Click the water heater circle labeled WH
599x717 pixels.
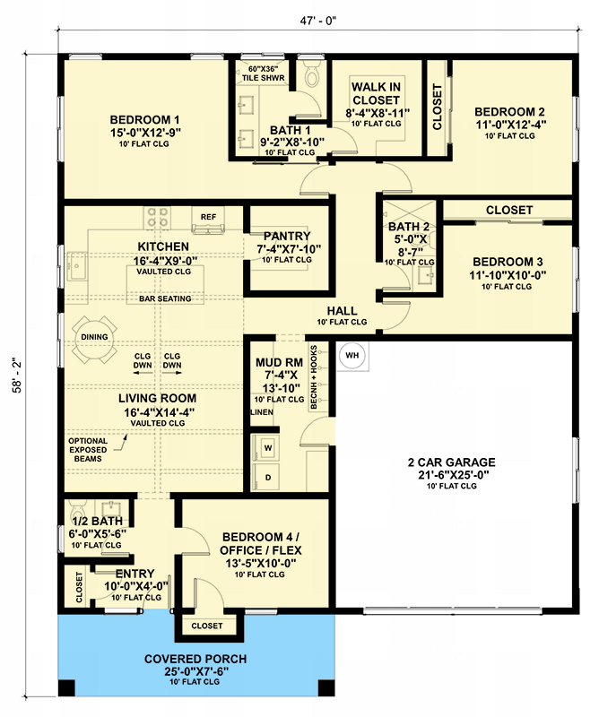352,356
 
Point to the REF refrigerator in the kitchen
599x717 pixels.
209,216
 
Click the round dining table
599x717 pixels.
93,338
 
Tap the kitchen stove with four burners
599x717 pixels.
158,218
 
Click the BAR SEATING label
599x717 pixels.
165,298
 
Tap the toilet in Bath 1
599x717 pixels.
311,78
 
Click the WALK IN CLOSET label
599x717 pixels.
377,94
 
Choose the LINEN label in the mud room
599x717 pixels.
260,412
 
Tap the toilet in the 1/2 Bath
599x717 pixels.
75,508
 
